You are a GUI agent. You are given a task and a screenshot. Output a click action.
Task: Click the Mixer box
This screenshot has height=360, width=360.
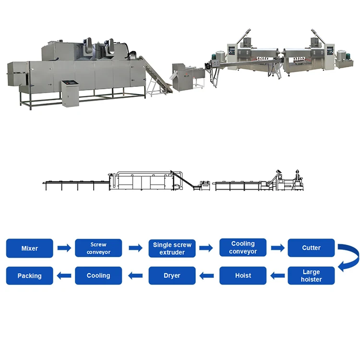coord(29,248)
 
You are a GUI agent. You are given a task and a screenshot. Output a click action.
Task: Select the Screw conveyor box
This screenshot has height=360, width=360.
coord(98,248)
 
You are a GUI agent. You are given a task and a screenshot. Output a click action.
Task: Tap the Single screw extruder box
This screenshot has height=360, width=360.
coord(172,248)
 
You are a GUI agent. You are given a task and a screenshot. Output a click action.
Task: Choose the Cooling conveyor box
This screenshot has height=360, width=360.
coord(243,248)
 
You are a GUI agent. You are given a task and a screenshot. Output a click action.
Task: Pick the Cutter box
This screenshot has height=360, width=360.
coord(311,248)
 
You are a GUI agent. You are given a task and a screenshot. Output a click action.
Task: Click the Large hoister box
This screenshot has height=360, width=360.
coord(311,276)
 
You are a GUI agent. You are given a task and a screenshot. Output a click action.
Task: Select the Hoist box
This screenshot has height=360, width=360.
coord(243,276)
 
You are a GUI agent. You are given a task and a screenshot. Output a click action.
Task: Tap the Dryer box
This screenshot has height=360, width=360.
coord(172,276)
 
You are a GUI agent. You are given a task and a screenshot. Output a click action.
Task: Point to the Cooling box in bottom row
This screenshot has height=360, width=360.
coord(98,276)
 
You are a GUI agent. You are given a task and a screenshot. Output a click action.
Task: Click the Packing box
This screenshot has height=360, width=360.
coord(29,276)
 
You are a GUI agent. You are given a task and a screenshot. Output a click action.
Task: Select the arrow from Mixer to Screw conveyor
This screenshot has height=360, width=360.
coord(64,248)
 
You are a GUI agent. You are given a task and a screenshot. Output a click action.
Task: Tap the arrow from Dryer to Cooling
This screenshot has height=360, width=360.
coord(136,276)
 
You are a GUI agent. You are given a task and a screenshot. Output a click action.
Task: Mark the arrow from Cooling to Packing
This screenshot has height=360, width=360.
coord(64,276)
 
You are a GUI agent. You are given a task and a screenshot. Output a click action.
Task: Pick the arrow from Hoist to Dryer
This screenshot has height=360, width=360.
coord(207,276)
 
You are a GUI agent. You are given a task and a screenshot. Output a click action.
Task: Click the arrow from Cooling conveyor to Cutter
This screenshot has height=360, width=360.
coord(277,248)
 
